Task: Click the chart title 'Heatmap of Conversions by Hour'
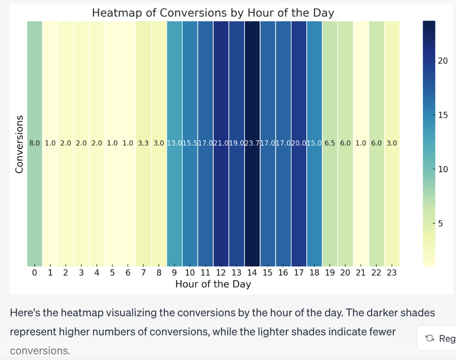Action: click(213, 13)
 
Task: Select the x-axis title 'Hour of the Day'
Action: click(213, 284)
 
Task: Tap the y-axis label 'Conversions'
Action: click(19, 144)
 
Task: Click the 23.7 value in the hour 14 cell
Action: click(252, 143)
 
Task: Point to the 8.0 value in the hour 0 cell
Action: click(34, 143)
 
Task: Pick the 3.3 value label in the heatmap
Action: click(143, 143)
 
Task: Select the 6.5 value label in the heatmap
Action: click(330, 143)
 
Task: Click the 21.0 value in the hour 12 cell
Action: click(221, 143)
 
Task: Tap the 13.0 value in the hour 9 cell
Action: click(174, 143)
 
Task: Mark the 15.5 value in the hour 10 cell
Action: click(190, 143)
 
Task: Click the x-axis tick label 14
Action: click(252, 273)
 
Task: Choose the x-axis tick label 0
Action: click(34, 273)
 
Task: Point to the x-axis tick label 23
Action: click(392, 273)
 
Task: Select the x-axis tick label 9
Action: click(174, 273)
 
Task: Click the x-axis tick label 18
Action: click(314, 273)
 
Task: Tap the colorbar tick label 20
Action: click(443, 61)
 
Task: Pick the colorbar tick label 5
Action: click(441, 224)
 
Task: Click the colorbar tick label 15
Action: click(443, 115)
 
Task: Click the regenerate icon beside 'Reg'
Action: click(430, 338)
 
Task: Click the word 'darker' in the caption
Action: click(382, 313)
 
